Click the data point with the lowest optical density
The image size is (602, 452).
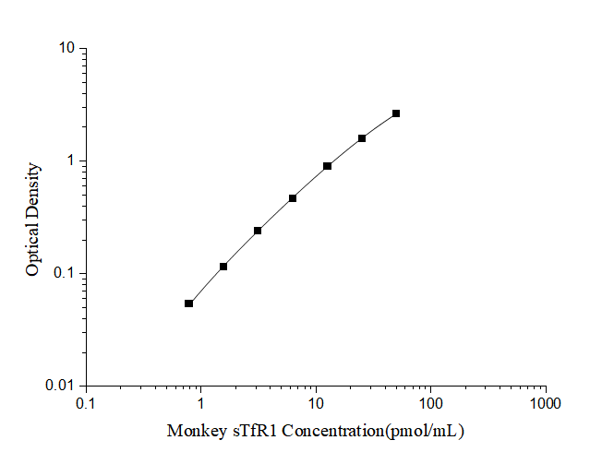pyautogui.click(x=188, y=303)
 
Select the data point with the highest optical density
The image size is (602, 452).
pyautogui.click(x=396, y=113)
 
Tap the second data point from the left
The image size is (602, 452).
pyautogui.click(x=223, y=267)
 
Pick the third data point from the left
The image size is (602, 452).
pyautogui.click(x=258, y=231)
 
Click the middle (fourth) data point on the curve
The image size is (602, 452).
pyautogui.click(x=293, y=198)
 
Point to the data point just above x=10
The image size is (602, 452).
pyautogui.click(x=327, y=166)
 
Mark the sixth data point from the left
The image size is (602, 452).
pyautogui.click(x=362, y=138)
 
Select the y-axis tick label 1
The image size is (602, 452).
pyautogui.click(x=71, y=161)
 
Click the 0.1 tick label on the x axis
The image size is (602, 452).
pyautogui.click(x=86, y=403)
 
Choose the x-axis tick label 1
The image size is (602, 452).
pyautogui.click(x=200, y=403)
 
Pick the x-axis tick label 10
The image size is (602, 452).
pyautogui.click(x=316, y=403)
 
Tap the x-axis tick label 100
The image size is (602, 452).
pyautogui.click(x=430, y=403)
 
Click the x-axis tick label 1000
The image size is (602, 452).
pyautogui.click(x=546, y=403)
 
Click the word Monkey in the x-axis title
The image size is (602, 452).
pyautogui.click(x=193, y=431)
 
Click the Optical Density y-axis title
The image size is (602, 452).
pyautogui.click(x=33, y=220)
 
